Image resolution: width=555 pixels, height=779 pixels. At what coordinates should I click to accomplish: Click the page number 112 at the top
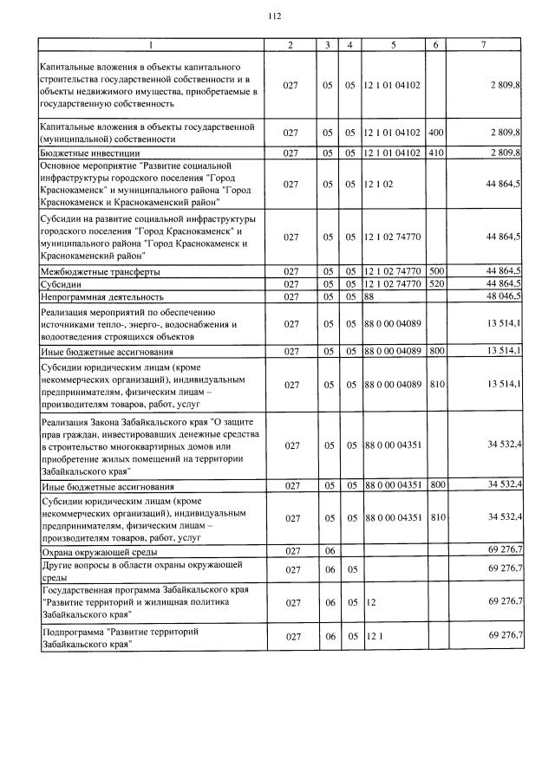276,16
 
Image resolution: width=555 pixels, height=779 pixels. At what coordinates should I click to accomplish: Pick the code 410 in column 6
436,153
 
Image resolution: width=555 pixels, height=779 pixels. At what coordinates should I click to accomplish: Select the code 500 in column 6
436,271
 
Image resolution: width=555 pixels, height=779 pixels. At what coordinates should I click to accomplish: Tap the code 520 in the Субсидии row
436,283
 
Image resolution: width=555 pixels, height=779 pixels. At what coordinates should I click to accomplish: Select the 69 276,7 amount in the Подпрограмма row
505,635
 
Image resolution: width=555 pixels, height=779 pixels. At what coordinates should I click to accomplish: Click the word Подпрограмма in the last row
73,632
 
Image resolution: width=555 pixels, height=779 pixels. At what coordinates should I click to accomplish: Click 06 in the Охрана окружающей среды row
330,551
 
